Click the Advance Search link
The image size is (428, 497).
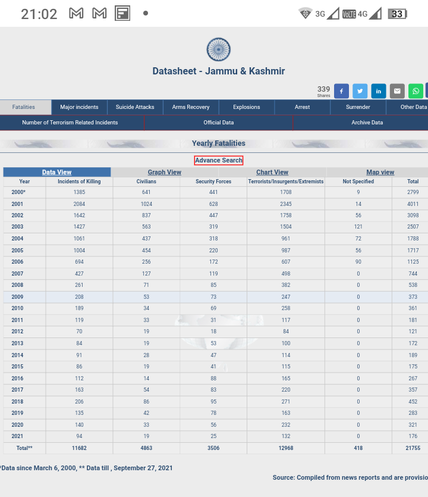[219, 160]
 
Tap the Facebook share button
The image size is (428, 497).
[342, 91]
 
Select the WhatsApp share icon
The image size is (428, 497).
[416, 91]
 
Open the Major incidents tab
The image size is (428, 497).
[79, 107]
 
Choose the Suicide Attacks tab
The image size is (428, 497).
[135, 107]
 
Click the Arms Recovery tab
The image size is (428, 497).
[191, 107]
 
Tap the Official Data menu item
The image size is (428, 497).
[219, 123]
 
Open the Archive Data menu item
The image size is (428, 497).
[367, 123]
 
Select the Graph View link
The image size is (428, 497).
[165, 172]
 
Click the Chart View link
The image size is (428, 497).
[272, 172]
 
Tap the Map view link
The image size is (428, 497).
[380, 172]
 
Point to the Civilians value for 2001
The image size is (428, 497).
[146, 204]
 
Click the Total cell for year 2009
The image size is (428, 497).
[413, 297]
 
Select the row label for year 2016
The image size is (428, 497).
[17, 379]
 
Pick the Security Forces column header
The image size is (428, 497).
[213, 182]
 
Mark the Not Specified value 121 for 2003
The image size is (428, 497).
[358, 227]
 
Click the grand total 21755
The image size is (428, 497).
[413, 448]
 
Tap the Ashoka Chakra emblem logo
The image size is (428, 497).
[218, 50]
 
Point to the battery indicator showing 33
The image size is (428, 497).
[397, 14]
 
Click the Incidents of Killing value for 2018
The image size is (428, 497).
[79, 402]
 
